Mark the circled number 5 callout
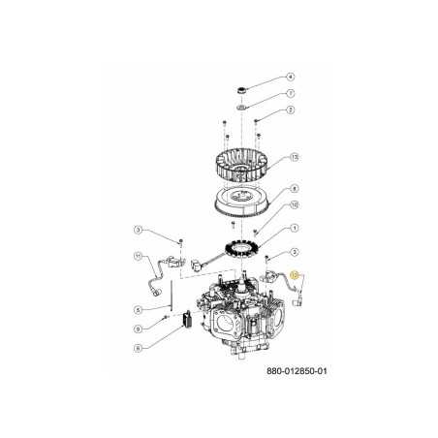point(139,310)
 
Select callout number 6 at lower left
point(139,347)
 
